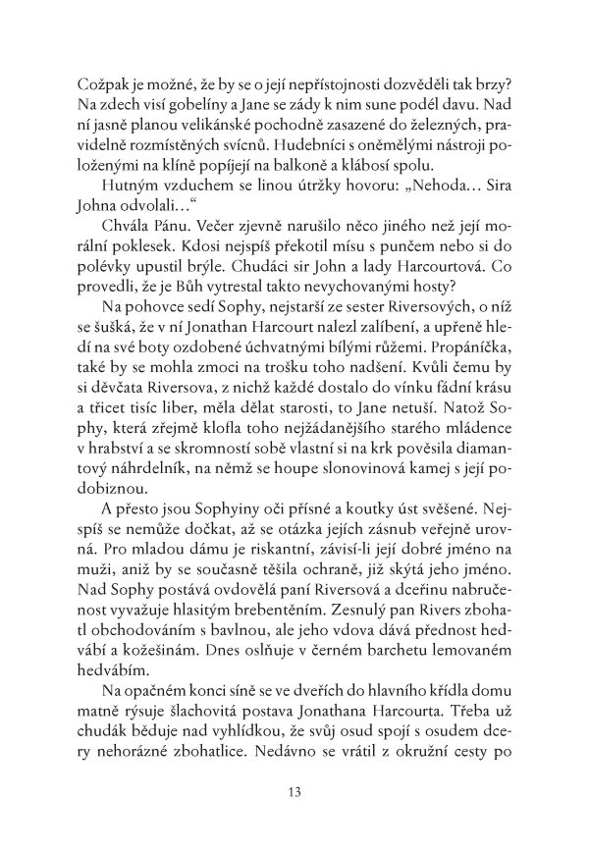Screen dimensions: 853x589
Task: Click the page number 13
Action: [x=294, y=790]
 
